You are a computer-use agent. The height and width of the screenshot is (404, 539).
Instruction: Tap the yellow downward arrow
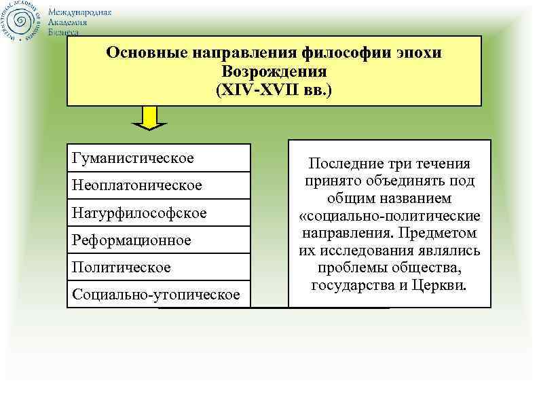(149, 120)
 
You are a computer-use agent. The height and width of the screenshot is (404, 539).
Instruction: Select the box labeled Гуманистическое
(158, 158)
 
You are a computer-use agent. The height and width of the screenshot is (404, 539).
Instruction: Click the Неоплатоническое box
(158, 185)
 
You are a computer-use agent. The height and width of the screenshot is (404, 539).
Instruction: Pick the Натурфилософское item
(158, 213)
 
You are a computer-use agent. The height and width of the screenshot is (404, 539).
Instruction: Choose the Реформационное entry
(158, 240)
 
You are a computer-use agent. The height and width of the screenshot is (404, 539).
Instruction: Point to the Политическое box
(158, 267)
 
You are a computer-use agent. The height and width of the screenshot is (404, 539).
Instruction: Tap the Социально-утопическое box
(158, 294)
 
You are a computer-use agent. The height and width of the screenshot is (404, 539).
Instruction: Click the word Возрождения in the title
(274, 71)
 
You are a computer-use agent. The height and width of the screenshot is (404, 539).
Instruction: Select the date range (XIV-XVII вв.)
(274, 89)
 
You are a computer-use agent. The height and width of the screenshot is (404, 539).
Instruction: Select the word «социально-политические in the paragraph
(390, 217)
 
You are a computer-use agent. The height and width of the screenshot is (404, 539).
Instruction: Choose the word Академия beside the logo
(71, 22)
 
